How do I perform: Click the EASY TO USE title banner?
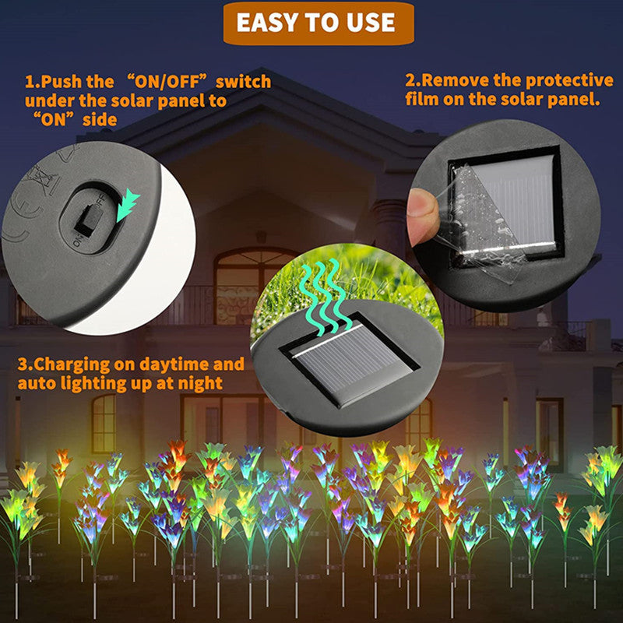[317, 23]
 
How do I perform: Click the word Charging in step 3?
[71, 364]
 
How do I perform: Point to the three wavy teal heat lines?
[322, 287]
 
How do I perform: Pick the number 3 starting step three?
[23, 364]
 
